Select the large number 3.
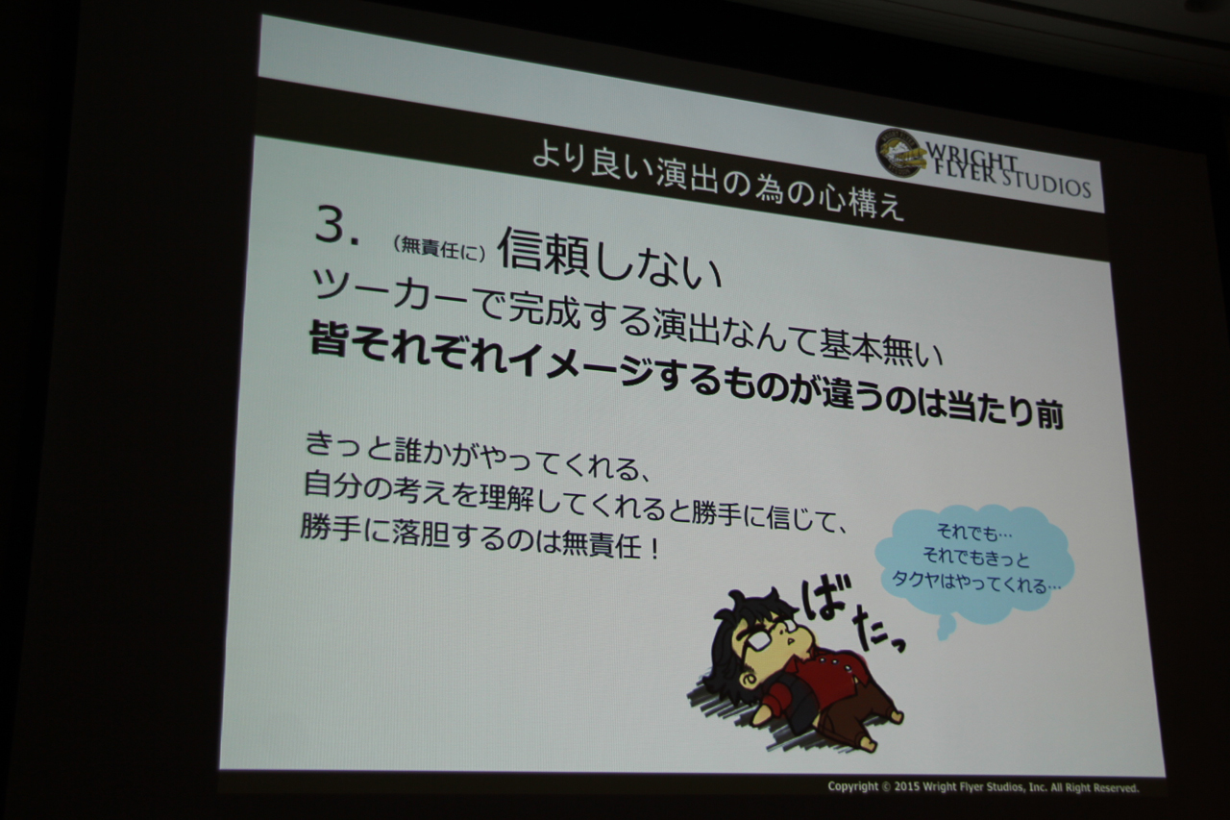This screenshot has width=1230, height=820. click(336, 226)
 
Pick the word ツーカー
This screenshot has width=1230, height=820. click(394, 294)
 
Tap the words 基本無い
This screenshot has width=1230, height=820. click(881, 346)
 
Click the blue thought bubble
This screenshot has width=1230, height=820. click(973, 564)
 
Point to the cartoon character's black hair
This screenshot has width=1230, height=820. click(736, 632)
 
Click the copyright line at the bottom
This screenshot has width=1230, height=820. click(983, 787)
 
